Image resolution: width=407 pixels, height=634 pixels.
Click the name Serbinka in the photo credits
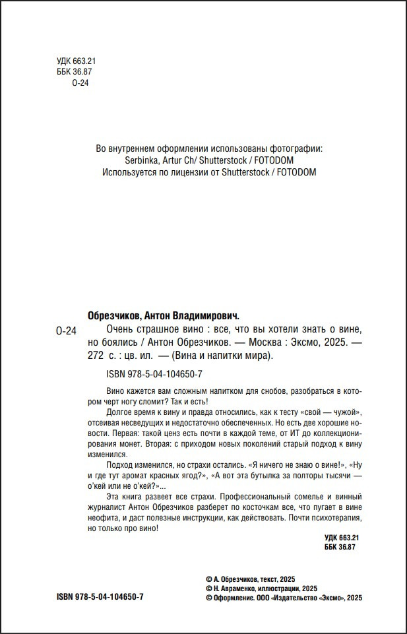coord(142,160)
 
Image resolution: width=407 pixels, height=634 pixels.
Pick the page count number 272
coord(96,356)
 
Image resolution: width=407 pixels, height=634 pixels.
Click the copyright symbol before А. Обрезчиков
coord(209,577)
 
